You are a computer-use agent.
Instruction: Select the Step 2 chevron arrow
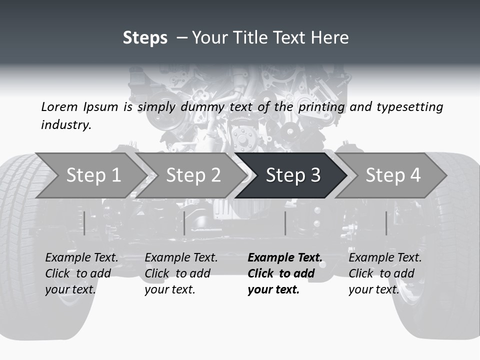[192, 175]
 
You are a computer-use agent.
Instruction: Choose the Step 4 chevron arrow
[393, 175]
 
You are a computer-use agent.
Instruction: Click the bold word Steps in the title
[145, 38]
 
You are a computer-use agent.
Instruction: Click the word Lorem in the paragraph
[59, 106]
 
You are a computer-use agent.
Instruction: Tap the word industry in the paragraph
[66, 124]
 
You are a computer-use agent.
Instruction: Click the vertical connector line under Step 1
[84, 223]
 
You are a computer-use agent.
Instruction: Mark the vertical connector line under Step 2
[184, 223]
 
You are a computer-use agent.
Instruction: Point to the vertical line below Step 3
[285, 223]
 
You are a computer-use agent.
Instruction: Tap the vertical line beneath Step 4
[386, 223]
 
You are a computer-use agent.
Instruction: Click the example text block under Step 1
[81, 273]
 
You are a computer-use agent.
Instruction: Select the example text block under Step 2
[181, 273]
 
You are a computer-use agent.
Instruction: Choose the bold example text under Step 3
[284, 273]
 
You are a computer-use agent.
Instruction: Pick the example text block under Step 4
[385, 273]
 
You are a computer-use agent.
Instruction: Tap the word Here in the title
[330, 38]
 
